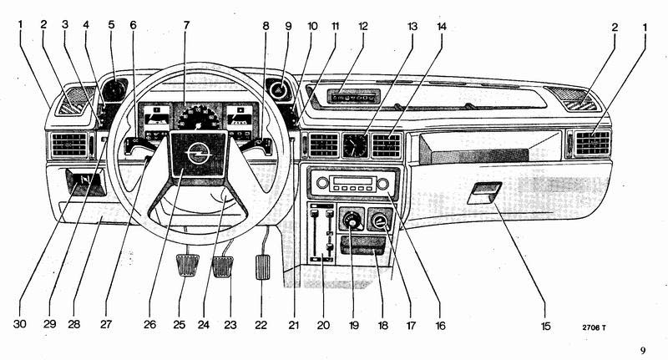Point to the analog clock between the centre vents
pyautogui.click(x=355, y=146)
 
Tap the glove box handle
pyautogui.click(x=484, y=194)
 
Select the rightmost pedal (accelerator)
pyautogui.click(x=266, y=265)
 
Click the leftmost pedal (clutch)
pyautogui.click(x=186, y=270)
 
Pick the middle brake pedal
pyautogui.click(x=223, y=267)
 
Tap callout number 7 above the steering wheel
pyautogui.click(x=186, y=25)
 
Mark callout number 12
pyautogui.click(x=362, y=25)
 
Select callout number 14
pyautogui.click(x=441, y=25)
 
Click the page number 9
pyautogui.click(x=643, y=351)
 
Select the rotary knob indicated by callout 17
pyautogui.click(x=380, y=222)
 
